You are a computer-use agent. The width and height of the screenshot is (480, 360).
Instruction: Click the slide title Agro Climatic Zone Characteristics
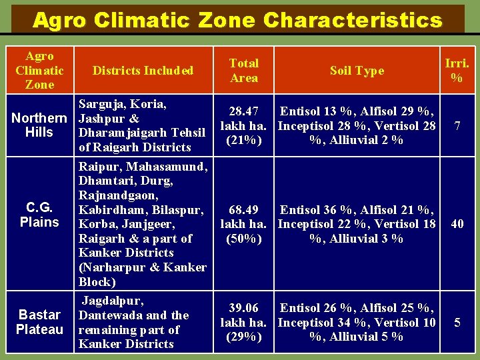tap(237, 20)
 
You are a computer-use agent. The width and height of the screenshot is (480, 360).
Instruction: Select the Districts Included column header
tap(143, 71)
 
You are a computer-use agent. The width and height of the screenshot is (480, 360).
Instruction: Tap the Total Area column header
tap(244, 71)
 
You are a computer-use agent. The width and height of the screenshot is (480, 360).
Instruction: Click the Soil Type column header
tap(357, 71)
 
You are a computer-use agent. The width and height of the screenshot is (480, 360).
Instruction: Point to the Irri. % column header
tap(457, 71)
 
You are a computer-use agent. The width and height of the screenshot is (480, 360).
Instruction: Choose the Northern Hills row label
tap(39, 125)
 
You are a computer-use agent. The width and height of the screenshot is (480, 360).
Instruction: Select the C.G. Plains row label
tap(39, 215)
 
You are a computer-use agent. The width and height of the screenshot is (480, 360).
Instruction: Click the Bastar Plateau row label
tap(39, 322)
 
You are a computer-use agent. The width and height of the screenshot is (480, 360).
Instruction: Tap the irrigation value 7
tap(457, 125)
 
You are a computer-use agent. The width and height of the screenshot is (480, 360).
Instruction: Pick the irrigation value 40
tap(457, 224)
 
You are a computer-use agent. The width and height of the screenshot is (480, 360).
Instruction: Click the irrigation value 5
tap(457, 323)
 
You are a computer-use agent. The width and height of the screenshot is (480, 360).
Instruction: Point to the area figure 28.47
tap(244, 111)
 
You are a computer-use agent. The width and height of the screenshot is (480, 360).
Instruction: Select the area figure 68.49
tap(244, 210)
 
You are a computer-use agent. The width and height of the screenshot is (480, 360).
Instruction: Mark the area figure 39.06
tap(244, 308)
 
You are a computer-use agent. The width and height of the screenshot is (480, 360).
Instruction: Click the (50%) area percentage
tap(244, 239)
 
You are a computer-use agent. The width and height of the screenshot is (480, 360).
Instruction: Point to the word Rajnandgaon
tap(118, 195)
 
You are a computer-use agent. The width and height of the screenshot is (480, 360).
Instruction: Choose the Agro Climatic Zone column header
tap(39, 71)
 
